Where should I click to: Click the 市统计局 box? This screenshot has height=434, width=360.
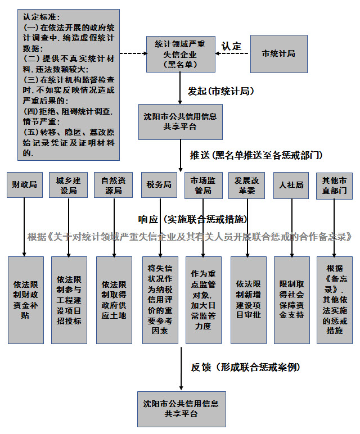[x=278, y=54]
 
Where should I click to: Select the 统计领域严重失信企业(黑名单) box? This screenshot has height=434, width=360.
[x=180, y=54]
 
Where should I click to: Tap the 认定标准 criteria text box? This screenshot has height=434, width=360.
[x=69, y=83]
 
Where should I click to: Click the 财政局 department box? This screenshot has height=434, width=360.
[x=24, y=185]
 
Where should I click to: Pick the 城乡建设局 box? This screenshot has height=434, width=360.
[x=69, y=185]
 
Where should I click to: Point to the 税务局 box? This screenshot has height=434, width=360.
[x=159, y=185]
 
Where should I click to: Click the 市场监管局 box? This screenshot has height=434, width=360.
[x=203, y=185]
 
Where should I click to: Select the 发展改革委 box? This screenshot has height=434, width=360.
[x=247, y=185]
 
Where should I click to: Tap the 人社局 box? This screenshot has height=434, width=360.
[x=291, y=185]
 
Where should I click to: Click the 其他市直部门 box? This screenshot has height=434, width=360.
[x=335, y=185]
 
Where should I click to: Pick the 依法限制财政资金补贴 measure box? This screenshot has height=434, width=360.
[x=25, y=300]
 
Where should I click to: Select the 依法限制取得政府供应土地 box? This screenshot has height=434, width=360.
[x=114, y=300]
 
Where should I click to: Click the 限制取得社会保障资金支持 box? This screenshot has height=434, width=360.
[x=291, y=300]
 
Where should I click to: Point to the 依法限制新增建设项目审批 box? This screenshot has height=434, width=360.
[x=247, y=300]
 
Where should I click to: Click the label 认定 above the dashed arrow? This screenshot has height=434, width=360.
[x=231, y=46]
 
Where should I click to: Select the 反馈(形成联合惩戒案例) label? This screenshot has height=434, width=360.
[x=245, y=367]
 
